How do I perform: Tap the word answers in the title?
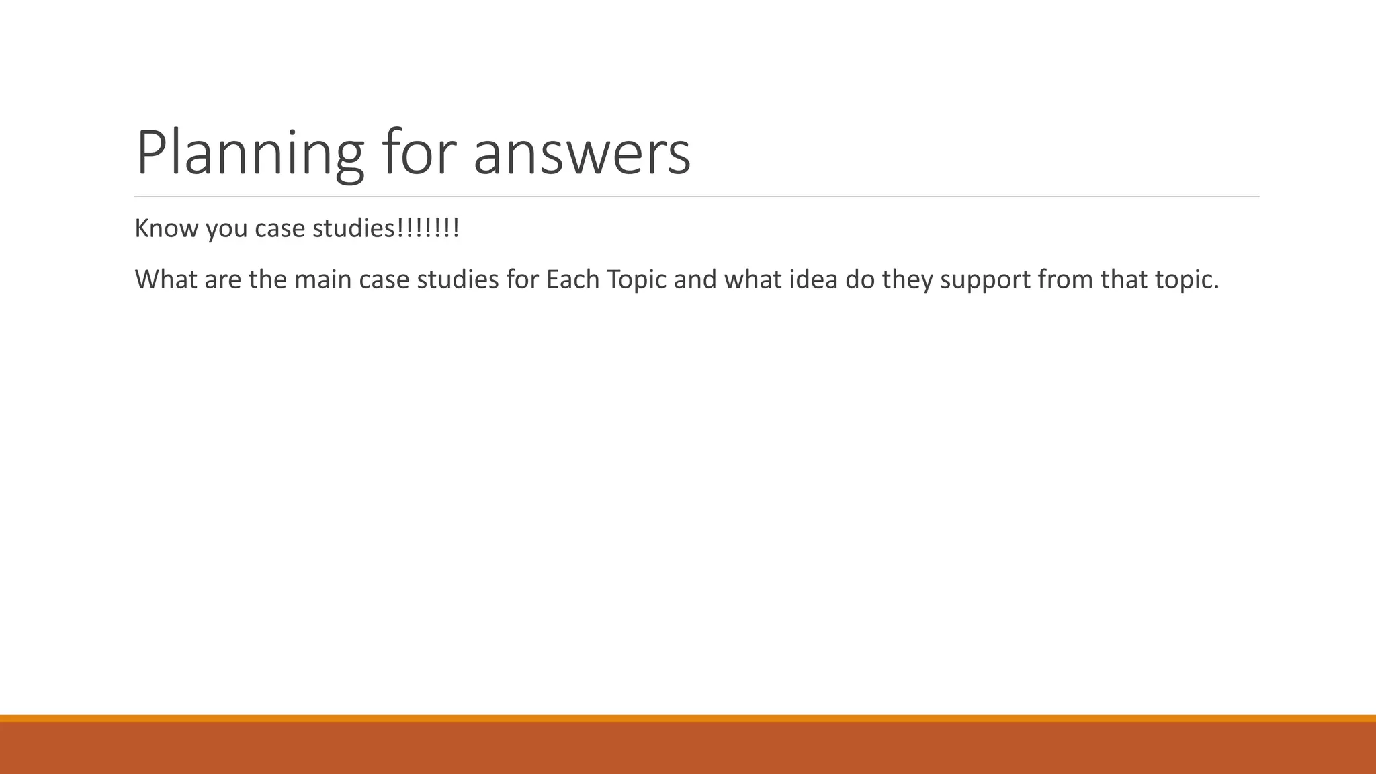[x=582, y=153]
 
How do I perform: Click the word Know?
[x=167, y=228]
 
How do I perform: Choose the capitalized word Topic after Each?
[x=636, y=280]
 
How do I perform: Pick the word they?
[x=907, y=280]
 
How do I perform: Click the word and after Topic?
[x=695, y=279]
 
